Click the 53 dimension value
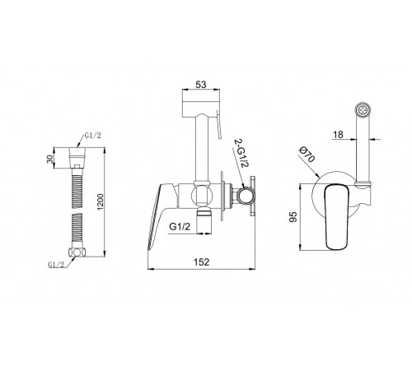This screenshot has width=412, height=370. click(x=201, y=85)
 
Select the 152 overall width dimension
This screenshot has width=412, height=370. click(x=202, y=262)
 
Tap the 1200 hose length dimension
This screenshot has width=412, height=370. click(x=101, y=201)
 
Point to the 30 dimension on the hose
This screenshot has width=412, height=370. click(x=50, y=160)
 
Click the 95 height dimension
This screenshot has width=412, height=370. click(x=293, y=217)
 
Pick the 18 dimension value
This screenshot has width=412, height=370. click(x=338, y=135)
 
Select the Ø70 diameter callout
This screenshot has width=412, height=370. click(x=307, y=155)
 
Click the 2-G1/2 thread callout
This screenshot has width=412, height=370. click(x=241, y=154)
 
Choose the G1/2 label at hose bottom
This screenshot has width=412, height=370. click(x=56, y=265)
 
